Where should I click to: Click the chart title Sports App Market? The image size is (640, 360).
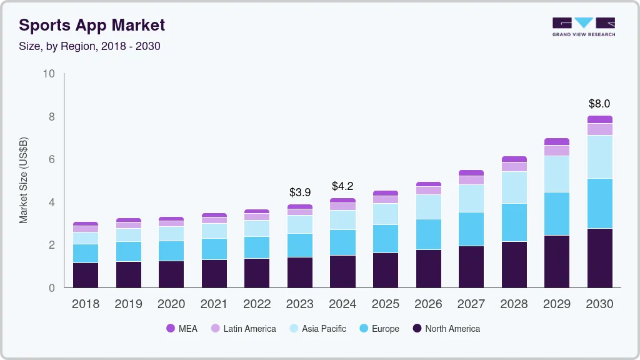click(92, 25)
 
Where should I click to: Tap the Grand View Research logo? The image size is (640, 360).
click(583, 26)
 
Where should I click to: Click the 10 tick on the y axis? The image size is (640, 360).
click(48, 74)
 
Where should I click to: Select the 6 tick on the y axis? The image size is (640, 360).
click(52, 159)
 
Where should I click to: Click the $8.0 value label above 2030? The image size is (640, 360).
click(599, 104)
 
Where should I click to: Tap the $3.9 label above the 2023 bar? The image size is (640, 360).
click(300, 192)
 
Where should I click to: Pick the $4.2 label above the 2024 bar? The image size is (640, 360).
click(342, 186)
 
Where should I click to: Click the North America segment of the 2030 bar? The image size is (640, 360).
click(599, 257)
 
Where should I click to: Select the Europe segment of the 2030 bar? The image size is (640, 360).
click(599, 203)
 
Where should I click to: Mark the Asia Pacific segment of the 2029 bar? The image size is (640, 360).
click(556, 174)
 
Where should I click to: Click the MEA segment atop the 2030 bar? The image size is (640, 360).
click(599, 119)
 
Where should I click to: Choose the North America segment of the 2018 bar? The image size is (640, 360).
click(86, 275)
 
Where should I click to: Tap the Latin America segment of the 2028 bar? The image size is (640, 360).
click(514, 166)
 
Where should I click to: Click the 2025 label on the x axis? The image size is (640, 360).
click(386, 304)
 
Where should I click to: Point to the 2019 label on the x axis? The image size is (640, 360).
click(128, 304)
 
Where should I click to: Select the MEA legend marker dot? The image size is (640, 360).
click(171, 328)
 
